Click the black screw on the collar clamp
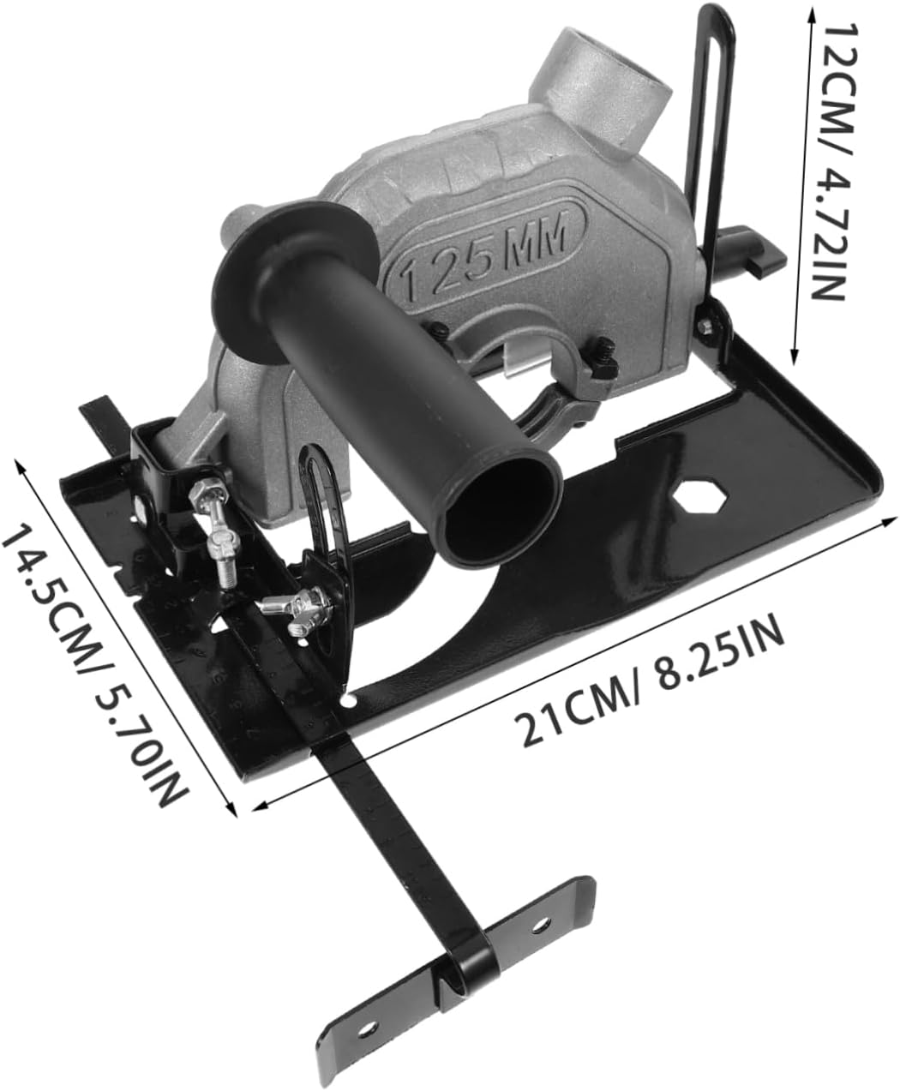pos(603,349)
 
